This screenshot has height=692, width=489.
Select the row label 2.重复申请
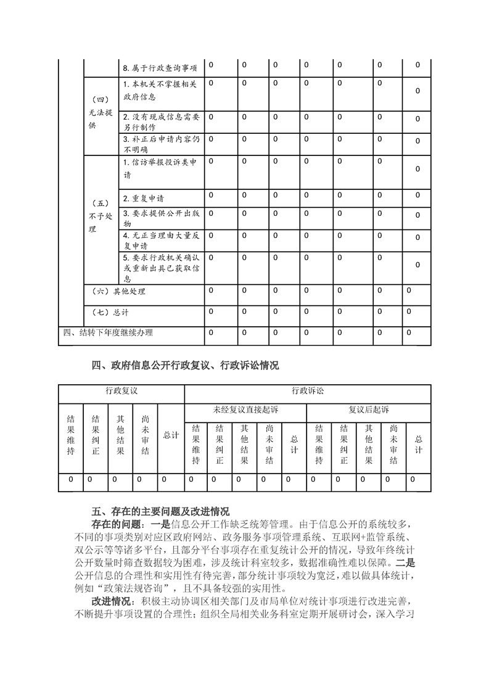pos(143,199)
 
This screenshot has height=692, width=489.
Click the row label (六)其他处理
pos(118,291)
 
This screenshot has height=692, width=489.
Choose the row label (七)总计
pos(110,313)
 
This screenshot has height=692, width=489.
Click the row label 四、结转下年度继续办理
pos(109,332)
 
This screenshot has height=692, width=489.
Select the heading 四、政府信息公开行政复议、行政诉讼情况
pos(184,366)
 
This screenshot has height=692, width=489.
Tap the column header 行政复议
pos(121,391)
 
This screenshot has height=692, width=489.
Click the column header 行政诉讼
pos(308,391)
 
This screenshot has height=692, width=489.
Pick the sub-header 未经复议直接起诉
pos(245,410)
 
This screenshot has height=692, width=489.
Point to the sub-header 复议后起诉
pos(369,410)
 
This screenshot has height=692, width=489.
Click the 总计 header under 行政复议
pos(171,435)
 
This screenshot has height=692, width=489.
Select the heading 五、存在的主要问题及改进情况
pos(160,511)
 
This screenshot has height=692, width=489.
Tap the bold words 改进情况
pos(113,601)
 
